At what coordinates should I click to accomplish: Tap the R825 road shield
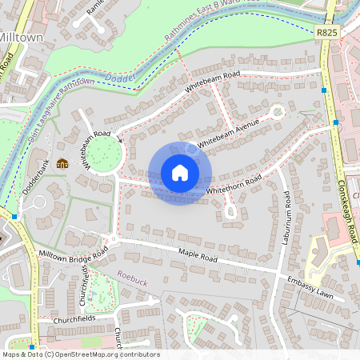326,33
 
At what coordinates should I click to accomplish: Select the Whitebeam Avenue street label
228,133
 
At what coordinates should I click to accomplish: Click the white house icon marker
180,173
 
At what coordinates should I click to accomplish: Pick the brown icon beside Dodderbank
62,165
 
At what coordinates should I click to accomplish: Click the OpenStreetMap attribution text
80,354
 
